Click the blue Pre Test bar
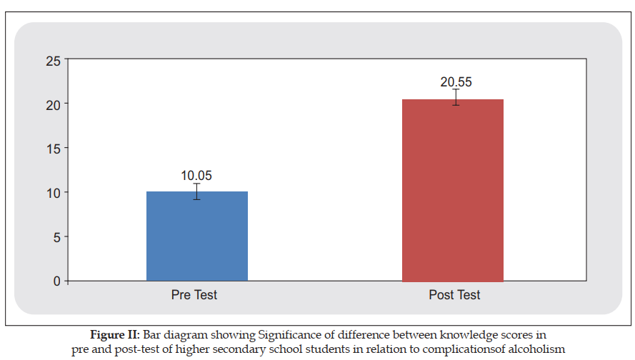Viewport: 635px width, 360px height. pyautogui.click(x=197, y=236)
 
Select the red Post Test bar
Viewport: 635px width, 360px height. pyautogui.click(x=453, y=190)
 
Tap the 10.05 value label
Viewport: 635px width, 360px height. pyautogui.click(x=196, y=176)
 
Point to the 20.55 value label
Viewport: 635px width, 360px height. pyautogui.click(x=456, y=82)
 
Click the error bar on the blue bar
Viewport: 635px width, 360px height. pyautogui.click(x=196, y=191)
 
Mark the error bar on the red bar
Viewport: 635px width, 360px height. pyautogui.click(x=456, y=97)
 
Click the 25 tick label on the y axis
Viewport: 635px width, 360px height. pyautogui.click(x=53, y=61)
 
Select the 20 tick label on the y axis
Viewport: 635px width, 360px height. pyautogui.click(x=53, y=105)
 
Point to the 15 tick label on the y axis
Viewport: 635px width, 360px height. pyautogui.click(x=53, y=149)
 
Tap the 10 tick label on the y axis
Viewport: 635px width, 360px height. pyautogui.click(x=53, y=193)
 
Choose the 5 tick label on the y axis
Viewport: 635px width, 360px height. pyautogui.click(x=56, y=237)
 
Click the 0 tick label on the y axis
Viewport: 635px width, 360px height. pyautogui.click(x=56, y=281)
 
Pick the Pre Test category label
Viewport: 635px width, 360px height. pyautogui.click(x=194, y=295)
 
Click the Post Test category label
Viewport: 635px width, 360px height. pyautogui.click(x=454, y=295)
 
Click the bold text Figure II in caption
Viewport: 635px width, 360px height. pyautogui.click(x=114, y=335)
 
